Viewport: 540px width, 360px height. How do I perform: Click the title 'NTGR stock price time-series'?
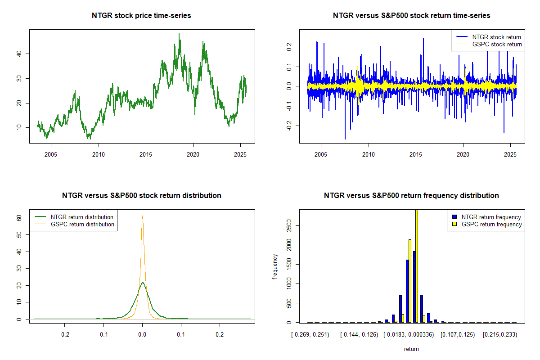142,16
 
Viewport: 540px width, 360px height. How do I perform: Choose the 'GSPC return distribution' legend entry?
82,224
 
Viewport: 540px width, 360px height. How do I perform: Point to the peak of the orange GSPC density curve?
143,216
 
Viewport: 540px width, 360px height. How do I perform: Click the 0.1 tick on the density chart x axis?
181,336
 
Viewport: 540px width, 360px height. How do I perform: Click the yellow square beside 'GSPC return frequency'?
454,224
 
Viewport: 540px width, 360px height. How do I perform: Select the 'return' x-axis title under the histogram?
411,349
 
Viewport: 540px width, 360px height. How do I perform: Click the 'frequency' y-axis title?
275,266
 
